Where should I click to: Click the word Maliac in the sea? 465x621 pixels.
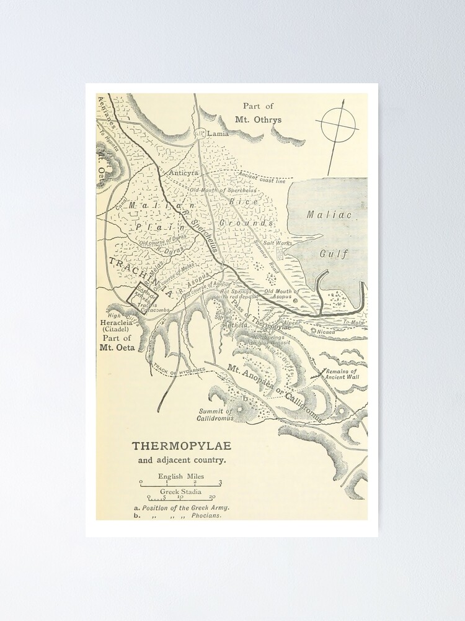pyautogui.click(x=329, y=215)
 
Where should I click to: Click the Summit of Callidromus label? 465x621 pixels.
pyautogui.click(x=215, y=415)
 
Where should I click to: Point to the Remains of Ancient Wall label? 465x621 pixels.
pyautogui.click(x=346, y=374)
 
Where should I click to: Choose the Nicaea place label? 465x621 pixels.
pyautogui.click(x=327, y=331)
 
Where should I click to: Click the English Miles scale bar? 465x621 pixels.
pyautogui.click(x=180, y=482)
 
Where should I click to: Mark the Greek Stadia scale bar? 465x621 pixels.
pyautogui.click(x=180, y=497)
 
